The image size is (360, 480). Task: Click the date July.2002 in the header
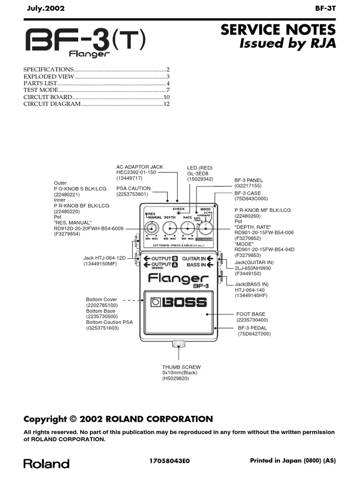pyautogui.click(x=45, y=8)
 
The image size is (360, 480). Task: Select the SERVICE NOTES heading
pyautogui.click(x=278, y=30)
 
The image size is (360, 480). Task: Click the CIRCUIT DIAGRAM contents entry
pyautogui.click(x=52, y=104)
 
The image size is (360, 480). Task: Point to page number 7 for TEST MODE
pyautogui.click(x=167, y=90)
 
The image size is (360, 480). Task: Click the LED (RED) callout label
pyautogui.click(x=200, y=168)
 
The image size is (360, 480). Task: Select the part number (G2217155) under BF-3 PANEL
pyautogui.click(x=248, y=186)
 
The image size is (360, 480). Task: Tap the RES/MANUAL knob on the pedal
pyautogui.click(x=150, y=228)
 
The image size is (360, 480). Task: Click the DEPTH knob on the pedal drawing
pyautogui.click(x=169, y=228)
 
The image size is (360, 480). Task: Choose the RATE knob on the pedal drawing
pyautogui.click(x=187, y=228)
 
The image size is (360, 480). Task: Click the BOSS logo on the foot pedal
pyautogui.click(x=179, y=302)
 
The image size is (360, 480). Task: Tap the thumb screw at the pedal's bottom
pyautogui.click(x=178, y=345)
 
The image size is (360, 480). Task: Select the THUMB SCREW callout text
pyautogui.click(x=181, y=367)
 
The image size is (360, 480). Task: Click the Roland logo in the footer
pyautogui.click(x=46, y=464)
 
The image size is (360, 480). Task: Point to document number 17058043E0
pyautogui.click(x=169, y=461)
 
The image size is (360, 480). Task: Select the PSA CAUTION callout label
pyautogui.click(x=134, y=188)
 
